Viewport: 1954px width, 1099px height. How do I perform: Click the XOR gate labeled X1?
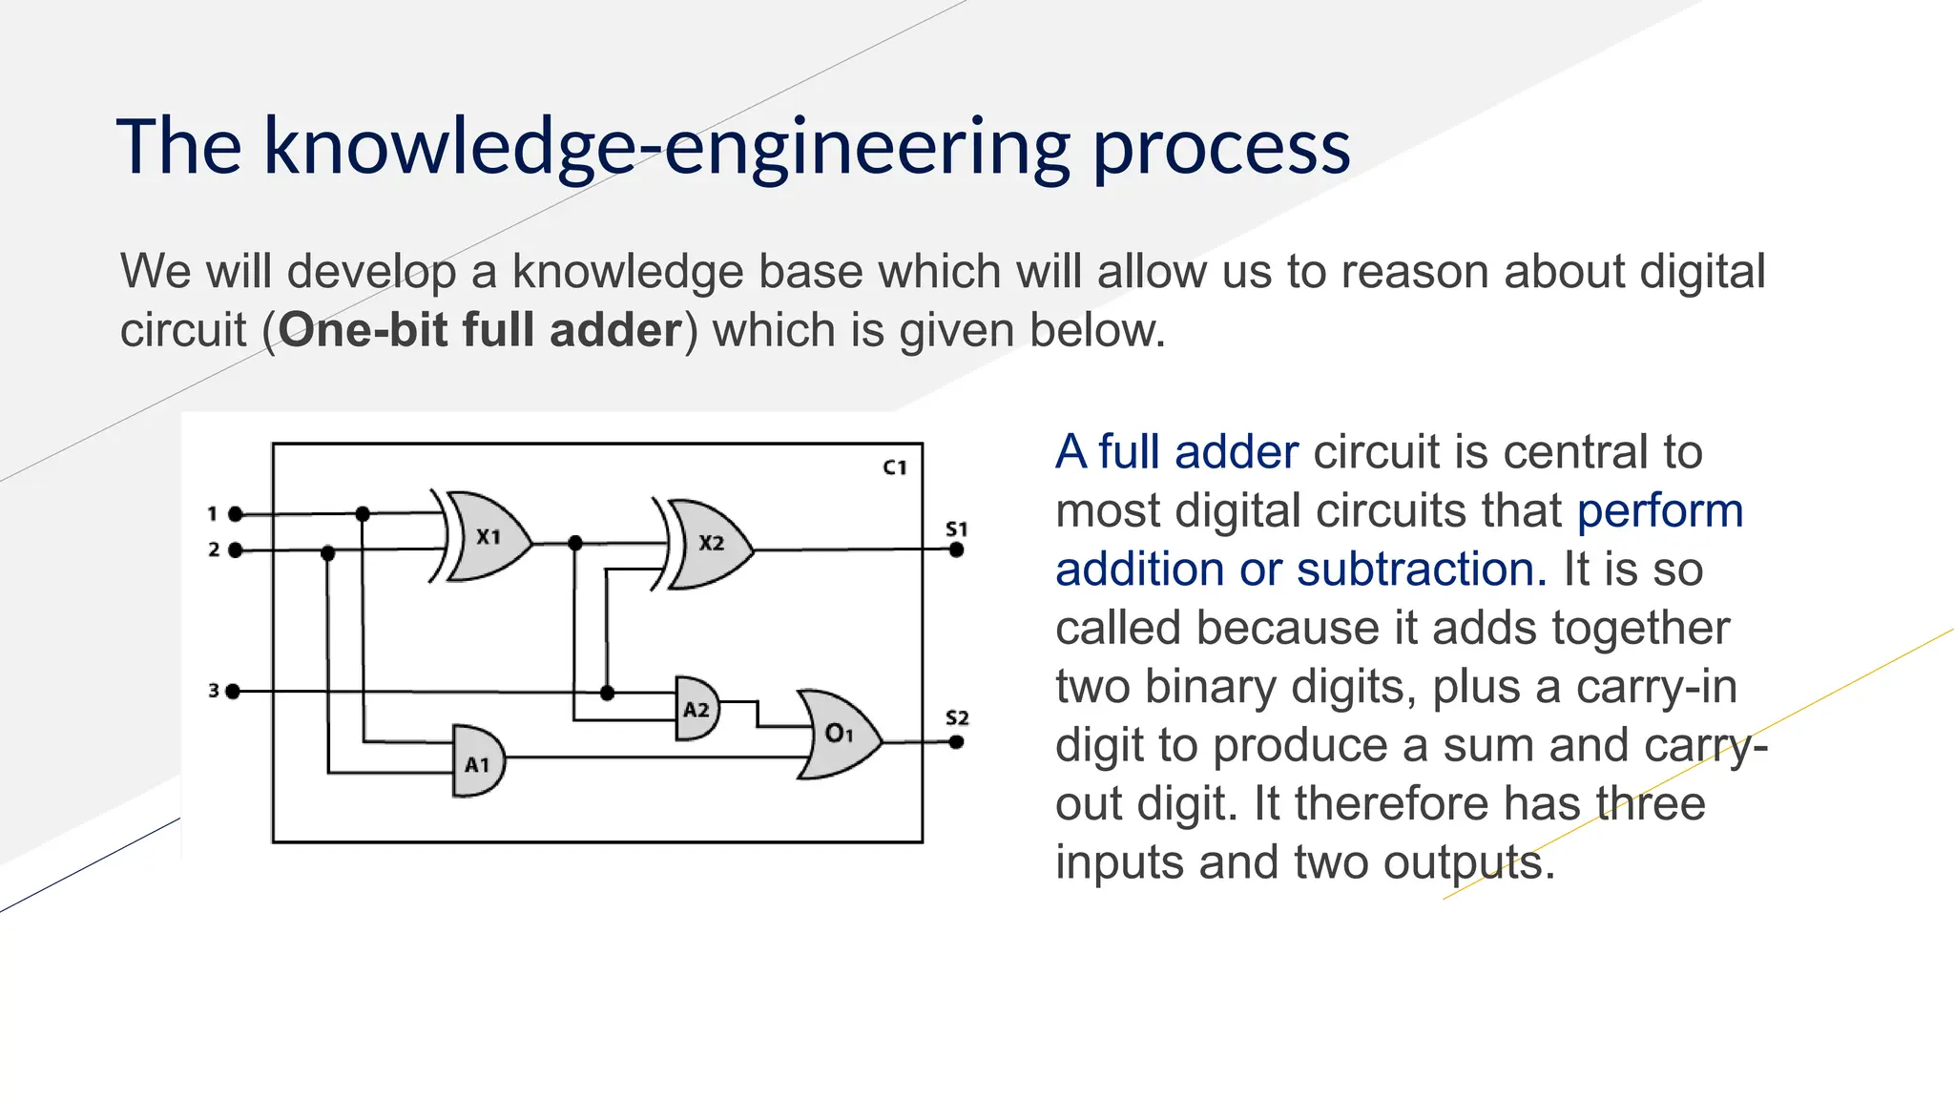coord(488,537)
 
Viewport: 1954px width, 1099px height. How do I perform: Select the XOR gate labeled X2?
coord(711,544)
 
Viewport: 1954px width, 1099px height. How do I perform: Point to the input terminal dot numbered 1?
coord(236,514)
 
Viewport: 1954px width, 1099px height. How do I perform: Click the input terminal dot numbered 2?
coord(236,550)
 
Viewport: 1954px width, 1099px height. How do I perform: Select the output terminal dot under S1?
coord(956,549)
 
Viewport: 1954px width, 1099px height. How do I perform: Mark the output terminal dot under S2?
coord(956,742)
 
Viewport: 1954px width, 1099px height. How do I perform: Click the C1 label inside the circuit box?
coord(894,467)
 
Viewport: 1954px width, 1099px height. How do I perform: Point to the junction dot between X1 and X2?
coord(574,544)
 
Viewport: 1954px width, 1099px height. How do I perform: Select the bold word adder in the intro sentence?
coord(615,330)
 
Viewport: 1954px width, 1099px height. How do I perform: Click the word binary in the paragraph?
coord(1204,687)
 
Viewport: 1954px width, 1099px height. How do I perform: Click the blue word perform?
coord(1659,511)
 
